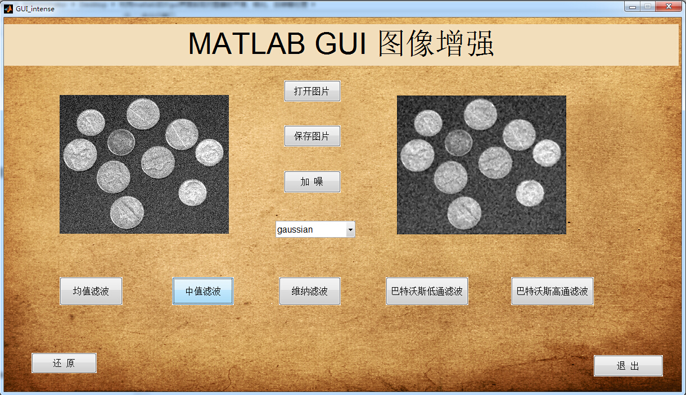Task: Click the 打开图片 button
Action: click(x=312, y=91)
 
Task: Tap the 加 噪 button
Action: click(x=312, y=181)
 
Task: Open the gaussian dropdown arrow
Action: click(x=350, y=229)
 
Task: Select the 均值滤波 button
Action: click(x=91, y=291)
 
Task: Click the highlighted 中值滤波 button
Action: click(x=203, y=291)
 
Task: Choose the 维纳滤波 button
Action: click(x=310, y=291)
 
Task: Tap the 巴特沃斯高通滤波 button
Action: click(x=552, y=291)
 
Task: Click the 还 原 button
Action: click(x=64, y=363)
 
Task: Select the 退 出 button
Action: click(x=628, y=366)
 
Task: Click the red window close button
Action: click(x=669, y=6)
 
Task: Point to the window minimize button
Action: click(x=633, y=7)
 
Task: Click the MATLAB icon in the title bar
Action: click(x=8, y=8)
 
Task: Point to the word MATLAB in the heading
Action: click(x=246, y=43)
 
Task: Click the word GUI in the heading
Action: click(x=340, y=43)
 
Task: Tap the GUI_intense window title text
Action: click(x=35, y=9)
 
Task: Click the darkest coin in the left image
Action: click(x=121, y=142)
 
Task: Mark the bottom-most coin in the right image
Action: click(x=464, y=213)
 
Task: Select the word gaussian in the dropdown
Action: click(x=295, y=229)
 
